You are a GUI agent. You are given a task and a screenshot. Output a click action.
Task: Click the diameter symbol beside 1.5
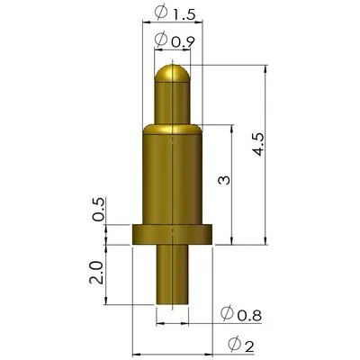coord(159,13)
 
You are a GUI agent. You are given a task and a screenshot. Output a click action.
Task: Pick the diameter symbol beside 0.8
coord(226,313)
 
